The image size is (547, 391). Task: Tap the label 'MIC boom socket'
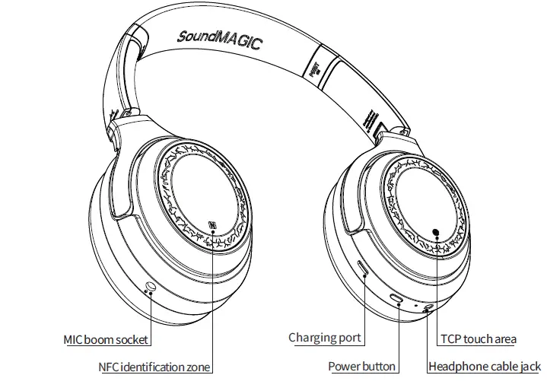tap(105, 340)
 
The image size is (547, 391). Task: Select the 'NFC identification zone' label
tap(154, 367)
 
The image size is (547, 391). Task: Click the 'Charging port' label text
tap(324, 338)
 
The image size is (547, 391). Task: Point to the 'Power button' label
tap(361, 367)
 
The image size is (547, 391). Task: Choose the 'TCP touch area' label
tap(479, 339)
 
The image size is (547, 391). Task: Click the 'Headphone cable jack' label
tap(485, 367)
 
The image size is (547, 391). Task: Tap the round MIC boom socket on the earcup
tap(150, 287)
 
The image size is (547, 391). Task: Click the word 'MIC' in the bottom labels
tap(73, 340)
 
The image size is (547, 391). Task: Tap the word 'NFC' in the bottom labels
tap(110, 367)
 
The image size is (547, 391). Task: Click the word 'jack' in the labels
tap(530, 367)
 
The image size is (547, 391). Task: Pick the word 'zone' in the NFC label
tap(198, 367)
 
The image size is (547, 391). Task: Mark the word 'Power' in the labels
tap(343, 367)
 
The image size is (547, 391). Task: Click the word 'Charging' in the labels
tap(311, 338)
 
